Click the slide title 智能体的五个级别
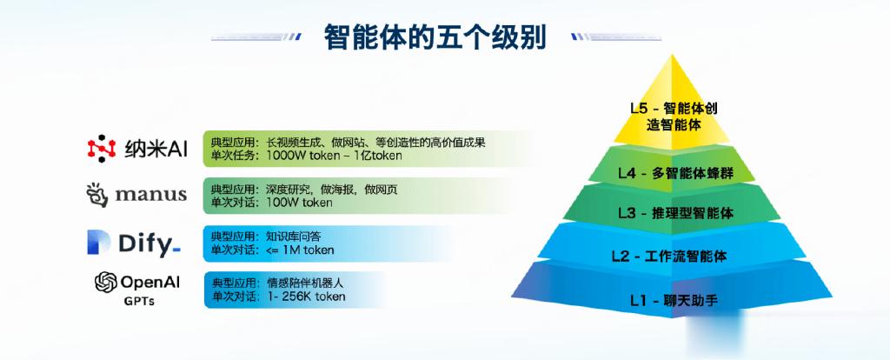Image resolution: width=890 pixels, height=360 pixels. (x=435, y=37)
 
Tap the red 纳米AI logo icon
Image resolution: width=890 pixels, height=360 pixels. (x=102, y=149)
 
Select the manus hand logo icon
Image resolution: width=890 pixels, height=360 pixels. (x=96, y=195)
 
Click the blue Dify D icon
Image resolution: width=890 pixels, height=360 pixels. (x=98, y=243)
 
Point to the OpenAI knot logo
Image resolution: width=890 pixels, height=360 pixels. (x=105, y=283)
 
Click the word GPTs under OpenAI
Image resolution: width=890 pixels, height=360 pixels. (x=138, y=302)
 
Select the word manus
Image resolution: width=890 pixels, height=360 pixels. (x=151, y=195)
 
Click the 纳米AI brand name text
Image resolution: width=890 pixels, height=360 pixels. (x=156, y=150)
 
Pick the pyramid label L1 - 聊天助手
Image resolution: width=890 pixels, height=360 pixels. (x=674, y=300)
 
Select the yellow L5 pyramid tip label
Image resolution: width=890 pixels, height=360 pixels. (x=674, y=117)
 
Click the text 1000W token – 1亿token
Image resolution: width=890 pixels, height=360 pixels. (x=334, y=155)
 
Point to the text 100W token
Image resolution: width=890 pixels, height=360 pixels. (x=299, y=202)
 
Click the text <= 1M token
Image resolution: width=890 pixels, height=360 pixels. (x=300, y=250)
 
